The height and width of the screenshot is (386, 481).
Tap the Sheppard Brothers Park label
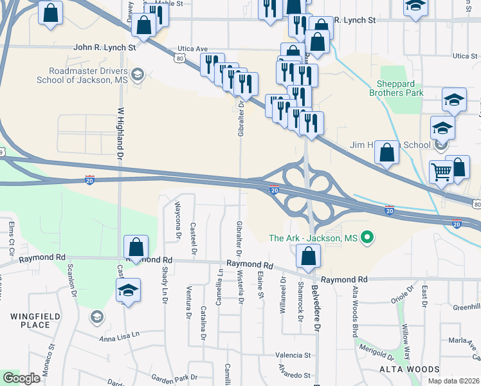point(396,87)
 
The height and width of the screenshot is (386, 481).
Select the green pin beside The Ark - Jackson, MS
point(367,238)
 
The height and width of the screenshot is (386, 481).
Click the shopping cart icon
point(441,171)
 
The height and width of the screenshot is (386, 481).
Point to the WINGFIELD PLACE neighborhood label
point(30,320)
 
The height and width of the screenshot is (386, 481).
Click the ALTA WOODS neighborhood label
point(408,369)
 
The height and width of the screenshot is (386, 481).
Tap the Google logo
point(21,378)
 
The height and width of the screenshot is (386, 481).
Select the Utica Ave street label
point(193,49)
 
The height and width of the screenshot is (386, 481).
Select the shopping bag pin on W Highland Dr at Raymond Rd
point(136,246)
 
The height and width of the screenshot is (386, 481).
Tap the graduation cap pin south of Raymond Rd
point(129,291)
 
